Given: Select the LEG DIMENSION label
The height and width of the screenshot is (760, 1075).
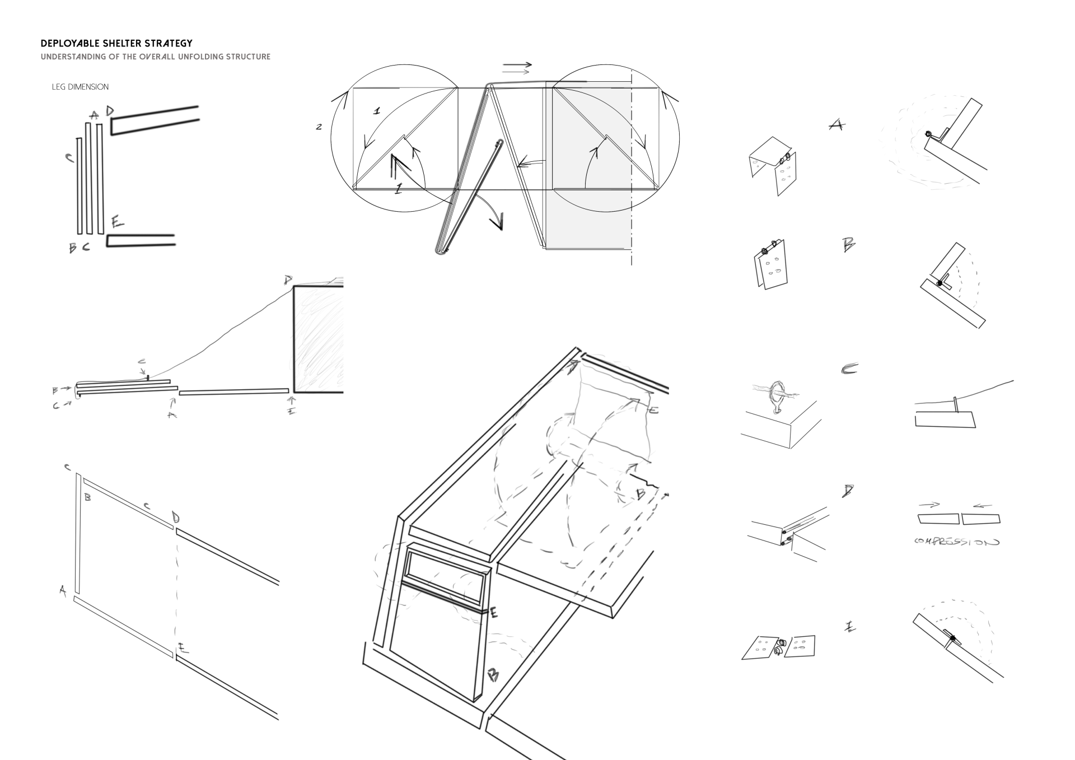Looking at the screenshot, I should pos(80,87).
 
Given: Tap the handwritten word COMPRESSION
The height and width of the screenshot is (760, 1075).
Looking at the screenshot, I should pos(956,542).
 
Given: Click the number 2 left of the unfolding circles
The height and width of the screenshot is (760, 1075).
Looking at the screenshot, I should pos(319,127).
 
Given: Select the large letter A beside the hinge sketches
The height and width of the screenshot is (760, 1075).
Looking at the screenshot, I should pos(836,125).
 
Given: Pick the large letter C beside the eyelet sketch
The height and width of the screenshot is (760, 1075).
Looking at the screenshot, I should pos(849,369).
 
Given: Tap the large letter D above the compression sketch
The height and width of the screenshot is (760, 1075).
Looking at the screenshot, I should pos(848,491).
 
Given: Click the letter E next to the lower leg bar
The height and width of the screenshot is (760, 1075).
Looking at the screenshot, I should pos(117,222).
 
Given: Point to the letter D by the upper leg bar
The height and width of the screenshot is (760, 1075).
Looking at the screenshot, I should pos(110,111).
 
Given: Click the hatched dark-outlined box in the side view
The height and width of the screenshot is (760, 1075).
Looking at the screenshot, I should pos(318,339).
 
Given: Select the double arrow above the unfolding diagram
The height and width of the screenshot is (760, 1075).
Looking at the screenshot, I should pos(517,68).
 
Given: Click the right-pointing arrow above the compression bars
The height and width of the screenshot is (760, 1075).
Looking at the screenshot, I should pos(929,505).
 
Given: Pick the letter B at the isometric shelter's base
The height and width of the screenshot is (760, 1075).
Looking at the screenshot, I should pos(493,675).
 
